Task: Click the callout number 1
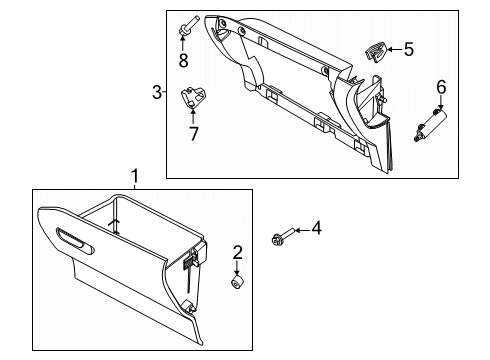135,176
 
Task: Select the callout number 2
237,253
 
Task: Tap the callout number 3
157,92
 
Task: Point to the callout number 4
317,229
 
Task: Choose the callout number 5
409,49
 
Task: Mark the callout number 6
441,87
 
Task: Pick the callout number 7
194,133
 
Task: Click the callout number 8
183,60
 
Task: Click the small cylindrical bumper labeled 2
237,282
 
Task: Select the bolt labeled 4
283,236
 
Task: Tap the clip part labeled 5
376,51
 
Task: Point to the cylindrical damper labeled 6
430,125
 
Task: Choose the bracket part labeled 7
193,97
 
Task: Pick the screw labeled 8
188,26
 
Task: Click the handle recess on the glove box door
75,242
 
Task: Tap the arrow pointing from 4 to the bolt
303,230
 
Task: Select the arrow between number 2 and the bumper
237,268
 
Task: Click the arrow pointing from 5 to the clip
395,50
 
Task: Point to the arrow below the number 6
441,102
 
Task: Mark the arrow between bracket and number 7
193,116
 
